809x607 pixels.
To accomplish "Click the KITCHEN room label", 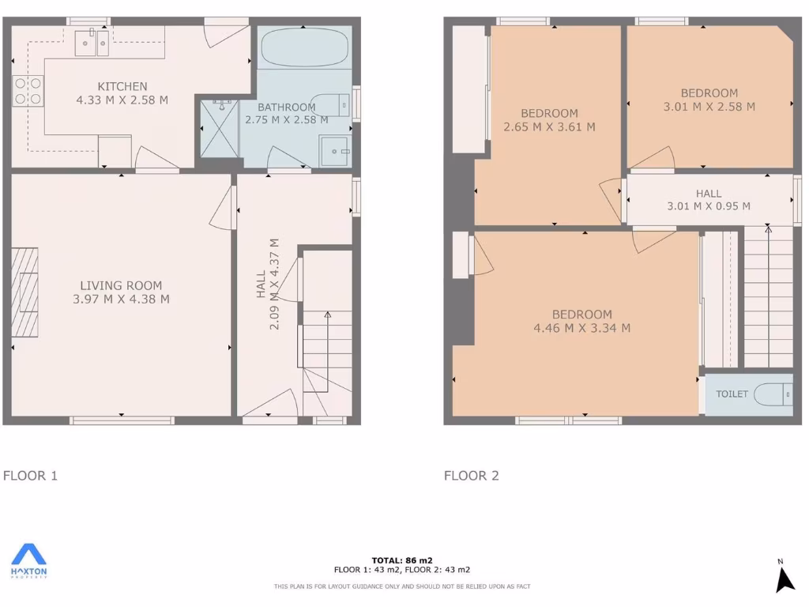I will pyautogui.click(x=122, y=86).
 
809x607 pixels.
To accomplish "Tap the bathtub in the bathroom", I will pyautogui.click(x=304, y=48).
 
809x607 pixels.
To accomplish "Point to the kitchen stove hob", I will pyautogui.click(x=28, y=91).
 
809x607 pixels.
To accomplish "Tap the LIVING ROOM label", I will pyautogui.click(x=121, y=285).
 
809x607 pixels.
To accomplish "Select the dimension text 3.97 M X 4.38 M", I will pyautogui.click(x=121, y=299).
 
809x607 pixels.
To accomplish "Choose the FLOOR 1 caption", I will pyautogui.click(x=30, y=475).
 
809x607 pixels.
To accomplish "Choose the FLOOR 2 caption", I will pyautogui.click(x=471, y=475).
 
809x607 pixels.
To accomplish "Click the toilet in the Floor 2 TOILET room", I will pyautogui.click(x=773, y=394).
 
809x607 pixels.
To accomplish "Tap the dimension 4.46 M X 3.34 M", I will pyautogui.click(x=581, y=328).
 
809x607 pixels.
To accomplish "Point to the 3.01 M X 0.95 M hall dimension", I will pyautogui.click(x=708, y=206).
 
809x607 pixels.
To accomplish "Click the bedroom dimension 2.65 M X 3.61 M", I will pyautogui.click(x=549, y=126).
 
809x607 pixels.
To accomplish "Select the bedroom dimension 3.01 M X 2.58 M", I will pyautogui.click(x=709, y=107).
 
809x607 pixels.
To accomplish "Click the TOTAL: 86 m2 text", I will pyautogui.click(x=401, y=560).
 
